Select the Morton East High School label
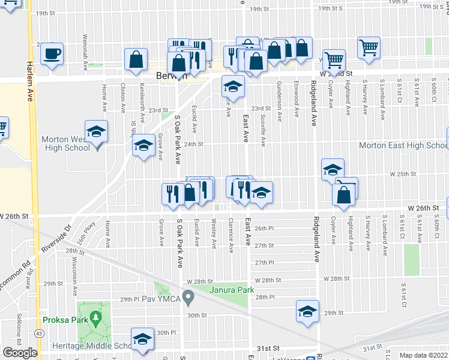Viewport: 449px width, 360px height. (402, 145)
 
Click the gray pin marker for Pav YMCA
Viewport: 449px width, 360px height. (188, 296)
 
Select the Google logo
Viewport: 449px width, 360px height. (20, 353)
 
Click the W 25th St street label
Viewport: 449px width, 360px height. (403, 174)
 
